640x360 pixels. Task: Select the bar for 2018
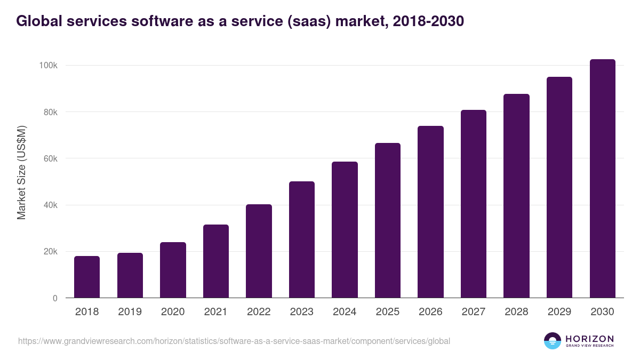[87, 277]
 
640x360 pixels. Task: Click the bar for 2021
[216, 261]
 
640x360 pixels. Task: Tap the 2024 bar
[345, 230]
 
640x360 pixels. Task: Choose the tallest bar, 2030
[602, 179]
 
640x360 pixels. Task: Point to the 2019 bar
[130, 275]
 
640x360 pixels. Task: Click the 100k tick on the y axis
[48, 66]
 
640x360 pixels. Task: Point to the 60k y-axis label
[50, 158]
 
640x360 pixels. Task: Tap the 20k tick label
[50, 252]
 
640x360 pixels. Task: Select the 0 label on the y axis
[55, 298]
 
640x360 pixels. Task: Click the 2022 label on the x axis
[259, 312]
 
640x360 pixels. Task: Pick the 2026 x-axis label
[430, 312]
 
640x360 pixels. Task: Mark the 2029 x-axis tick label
[559, 312]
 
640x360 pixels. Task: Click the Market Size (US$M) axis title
[21, 172]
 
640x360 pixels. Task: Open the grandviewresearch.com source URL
[234, 341]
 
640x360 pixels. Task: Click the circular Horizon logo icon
[553, 341]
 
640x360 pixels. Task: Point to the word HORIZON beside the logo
[589, 339]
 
